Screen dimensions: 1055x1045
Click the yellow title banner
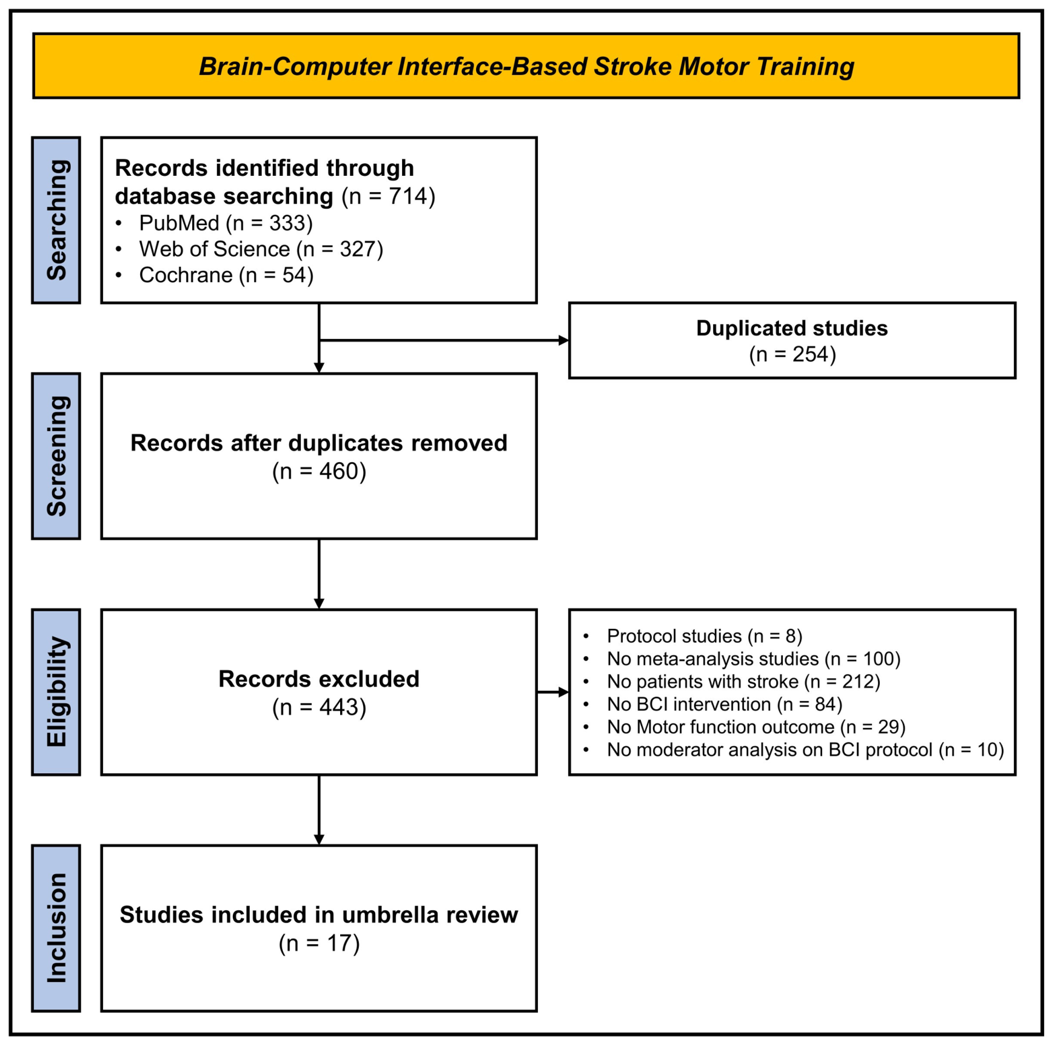(526, 66)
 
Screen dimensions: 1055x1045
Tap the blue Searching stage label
(56, 220)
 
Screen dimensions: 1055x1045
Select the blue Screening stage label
(56, 455)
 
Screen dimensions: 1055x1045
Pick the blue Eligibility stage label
(56, 691)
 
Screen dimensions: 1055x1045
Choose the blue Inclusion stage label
(56, 927)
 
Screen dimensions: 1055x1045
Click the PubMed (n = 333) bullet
(214, 223)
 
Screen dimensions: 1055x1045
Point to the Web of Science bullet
(249, 249)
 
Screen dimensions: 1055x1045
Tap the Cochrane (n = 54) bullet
(214, 275)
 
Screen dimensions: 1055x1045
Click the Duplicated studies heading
(792, 328)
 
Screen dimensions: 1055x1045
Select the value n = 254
(792, 354)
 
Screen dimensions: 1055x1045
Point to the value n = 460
(319, 471)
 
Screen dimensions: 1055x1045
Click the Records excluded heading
(319, 679)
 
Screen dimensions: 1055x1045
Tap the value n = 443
(319, 707)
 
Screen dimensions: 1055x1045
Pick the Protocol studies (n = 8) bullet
(692, 636)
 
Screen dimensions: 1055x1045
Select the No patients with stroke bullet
(731, 681)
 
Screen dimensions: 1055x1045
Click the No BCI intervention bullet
(712, 704)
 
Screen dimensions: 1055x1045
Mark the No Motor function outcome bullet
(744, 727)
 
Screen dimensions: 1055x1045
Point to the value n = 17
(319, 943)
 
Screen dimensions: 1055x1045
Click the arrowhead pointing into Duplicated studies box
(564, 340)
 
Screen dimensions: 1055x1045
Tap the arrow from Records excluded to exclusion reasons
(553, 692)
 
